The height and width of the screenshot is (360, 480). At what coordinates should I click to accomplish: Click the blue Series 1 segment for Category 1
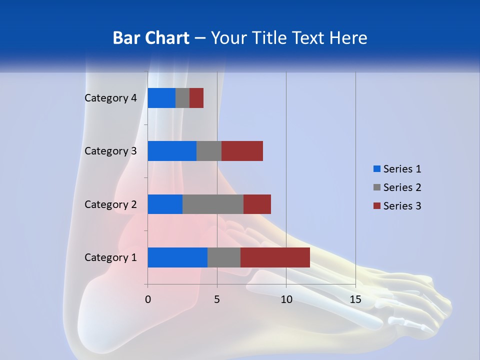tap(177, 257)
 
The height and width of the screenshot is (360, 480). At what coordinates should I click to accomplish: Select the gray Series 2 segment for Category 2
tap(213, 204)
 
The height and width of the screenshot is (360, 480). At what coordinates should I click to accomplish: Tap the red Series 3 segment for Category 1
tap(275, 257)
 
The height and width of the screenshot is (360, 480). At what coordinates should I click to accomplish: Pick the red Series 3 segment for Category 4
tap(196, 98)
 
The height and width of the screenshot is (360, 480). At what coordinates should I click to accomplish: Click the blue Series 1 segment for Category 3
tap(172, 151)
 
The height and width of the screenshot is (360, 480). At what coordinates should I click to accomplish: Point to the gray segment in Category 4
tap(182, 98)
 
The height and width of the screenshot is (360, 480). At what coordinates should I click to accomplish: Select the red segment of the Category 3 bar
tap(242, 151)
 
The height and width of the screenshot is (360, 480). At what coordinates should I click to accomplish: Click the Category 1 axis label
tap(110, 257)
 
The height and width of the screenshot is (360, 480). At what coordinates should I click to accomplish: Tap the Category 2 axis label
tap(110, 204)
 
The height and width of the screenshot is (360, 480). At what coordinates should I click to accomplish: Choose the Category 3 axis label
tap(110, 151)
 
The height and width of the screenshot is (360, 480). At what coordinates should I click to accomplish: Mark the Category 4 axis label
tap(110, 98)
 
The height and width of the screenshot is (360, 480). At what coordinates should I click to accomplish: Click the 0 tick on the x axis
tap(147, 299)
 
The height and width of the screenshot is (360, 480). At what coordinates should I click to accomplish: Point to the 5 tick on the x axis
tap(217, 299)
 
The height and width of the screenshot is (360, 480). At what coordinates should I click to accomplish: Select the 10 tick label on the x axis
tap(286, 299)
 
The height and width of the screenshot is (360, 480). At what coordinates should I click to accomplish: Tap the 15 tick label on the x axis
tap(355, 299)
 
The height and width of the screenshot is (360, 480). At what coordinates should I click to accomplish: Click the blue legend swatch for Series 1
tap(376, 169)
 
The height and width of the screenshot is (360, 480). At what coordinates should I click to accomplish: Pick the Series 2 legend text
tap(402, 187)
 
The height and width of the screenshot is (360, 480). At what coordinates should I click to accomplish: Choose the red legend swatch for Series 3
tap(376, 206)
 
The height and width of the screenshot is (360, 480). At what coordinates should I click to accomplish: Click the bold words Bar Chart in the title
tap(151, 38)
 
